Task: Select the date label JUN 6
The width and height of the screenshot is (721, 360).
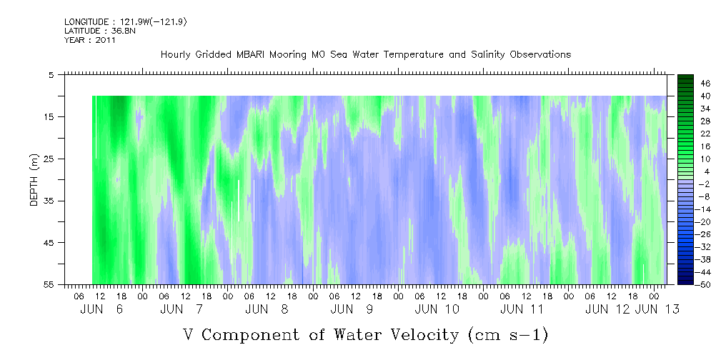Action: click(x=101, y=309)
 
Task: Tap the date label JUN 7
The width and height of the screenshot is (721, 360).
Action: click(x=182, y=309)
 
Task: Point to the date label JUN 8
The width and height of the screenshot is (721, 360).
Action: click(x=267, y=309)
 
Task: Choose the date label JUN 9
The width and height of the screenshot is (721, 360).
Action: click(x=352, y=309)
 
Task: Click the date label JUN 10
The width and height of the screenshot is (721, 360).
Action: click(x=437, y=309)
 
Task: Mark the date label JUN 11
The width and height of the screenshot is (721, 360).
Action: click(x=522, y=309)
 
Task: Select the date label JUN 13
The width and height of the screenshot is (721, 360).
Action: click(x=657, y=309)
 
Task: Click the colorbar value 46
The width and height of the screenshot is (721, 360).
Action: click(x=686, y=83)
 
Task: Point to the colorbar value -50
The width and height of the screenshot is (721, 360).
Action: click(x=685, y=284)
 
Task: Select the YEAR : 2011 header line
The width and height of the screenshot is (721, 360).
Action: click(x=90, y=40)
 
